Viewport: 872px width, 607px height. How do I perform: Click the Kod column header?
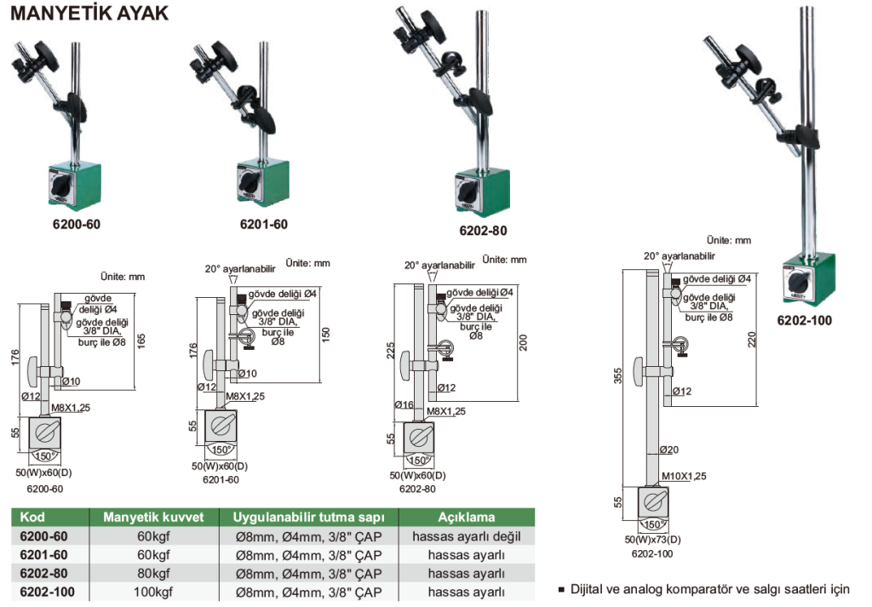pyautogui.click(x=32, y=518)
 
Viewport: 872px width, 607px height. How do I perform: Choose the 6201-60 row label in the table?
pyautogui.click(x=43, y=555)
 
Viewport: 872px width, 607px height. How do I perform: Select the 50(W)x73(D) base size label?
pyautogui.click(x=653, y=540)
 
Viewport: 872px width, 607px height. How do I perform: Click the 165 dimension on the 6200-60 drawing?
pyautogui.click(x=141, y=340)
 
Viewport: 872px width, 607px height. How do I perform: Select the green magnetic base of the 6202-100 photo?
pyautogui.click(x=806, y=279)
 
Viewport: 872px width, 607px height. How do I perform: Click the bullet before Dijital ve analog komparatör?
pyautogui.click(x=561, y=589)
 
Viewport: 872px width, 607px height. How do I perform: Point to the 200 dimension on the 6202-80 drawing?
pyautogui.click(x=524, y=342)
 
